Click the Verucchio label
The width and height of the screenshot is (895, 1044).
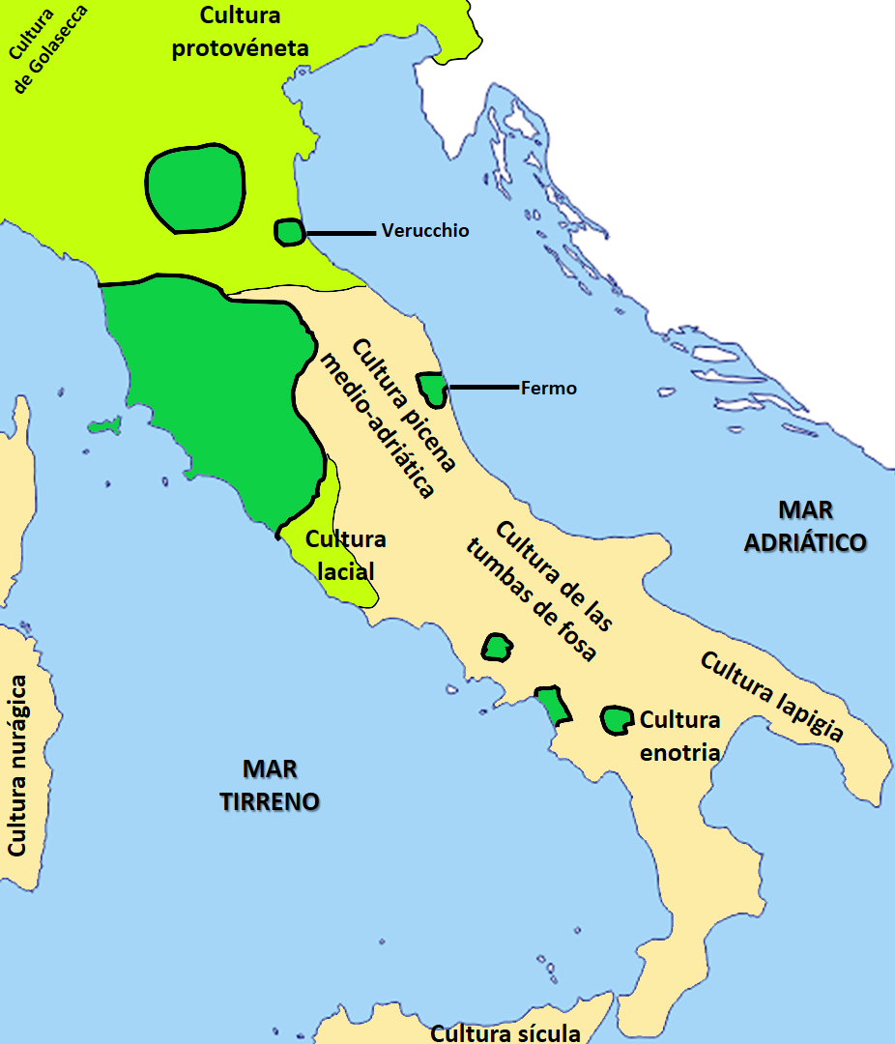click(x=424, y=231)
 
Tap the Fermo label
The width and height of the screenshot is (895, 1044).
click(x=548, y=389)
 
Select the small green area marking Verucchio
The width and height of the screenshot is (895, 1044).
click(x=289, y=232)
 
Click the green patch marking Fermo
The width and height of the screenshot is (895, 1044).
click(x=432, y=389)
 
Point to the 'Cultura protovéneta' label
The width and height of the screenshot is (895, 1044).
click(x=240, y=32)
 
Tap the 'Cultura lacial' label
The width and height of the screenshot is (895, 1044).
click(x=345, y=555)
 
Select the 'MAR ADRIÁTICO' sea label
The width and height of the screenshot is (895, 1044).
click(x=804, y=526)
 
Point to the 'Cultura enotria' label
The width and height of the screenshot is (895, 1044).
click(x=680, y=736)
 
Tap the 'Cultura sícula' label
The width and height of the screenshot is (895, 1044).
click(x=505, y=1032)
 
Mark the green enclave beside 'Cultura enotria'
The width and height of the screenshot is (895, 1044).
click(x=615, y=719)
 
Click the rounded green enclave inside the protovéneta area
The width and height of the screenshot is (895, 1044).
click(x=194, y=188)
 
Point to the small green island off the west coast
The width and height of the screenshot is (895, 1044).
click(x=101, y=425)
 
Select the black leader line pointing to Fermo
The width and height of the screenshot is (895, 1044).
click(x=482, y=388)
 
